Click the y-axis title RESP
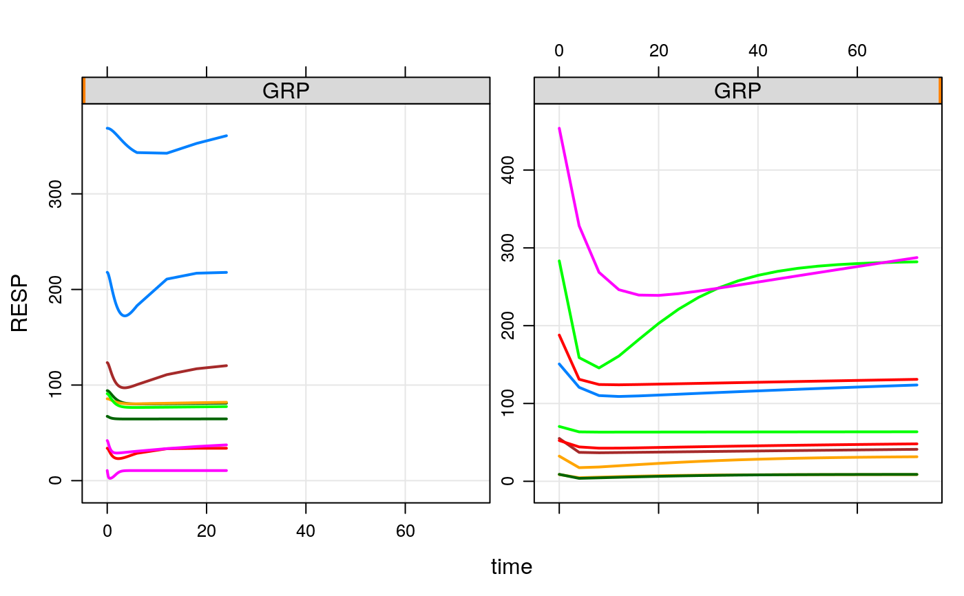20,304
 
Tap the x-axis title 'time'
511,567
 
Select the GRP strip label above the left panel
285,91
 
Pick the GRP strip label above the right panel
737,91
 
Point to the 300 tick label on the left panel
57,194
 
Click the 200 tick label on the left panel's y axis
57,289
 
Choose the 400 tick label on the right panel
509,170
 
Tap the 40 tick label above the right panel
757,51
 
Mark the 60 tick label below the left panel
405,531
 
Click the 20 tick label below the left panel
207,531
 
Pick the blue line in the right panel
757,391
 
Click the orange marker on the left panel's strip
83,91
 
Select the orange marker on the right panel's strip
940,91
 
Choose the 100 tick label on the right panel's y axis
509,403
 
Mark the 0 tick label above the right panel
559,51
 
